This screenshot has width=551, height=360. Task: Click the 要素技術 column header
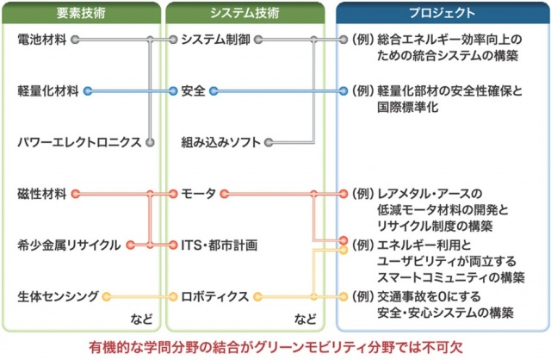(x=81, y=13)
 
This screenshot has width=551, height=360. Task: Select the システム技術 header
(x=245, y=13)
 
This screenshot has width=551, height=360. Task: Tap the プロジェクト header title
(x=442, y=13)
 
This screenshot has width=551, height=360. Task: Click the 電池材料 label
(x=42, y=40)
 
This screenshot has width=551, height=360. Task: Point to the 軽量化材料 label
(x=48, y=91)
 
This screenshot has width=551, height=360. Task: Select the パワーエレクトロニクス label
(x=79, y=142)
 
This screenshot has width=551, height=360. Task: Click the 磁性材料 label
(x=42, y=194)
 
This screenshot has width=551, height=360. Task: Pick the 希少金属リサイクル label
(x=69, y=245)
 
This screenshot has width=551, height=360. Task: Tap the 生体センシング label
(x=58, y=296)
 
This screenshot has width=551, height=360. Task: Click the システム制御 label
(x=216, y=40)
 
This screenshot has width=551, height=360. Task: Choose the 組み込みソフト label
(x=220, y=142)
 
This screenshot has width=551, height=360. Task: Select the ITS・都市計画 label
(x=220, y=245)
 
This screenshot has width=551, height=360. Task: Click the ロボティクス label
(x=215, y=296)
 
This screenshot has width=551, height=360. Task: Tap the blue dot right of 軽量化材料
(x=88, y=91)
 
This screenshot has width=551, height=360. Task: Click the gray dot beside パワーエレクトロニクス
(x=150, y=142)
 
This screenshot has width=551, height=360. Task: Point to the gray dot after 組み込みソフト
(x=269, y=142)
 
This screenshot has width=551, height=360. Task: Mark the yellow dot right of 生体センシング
(x=107, y=297)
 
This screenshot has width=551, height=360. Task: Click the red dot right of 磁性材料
(x=75, y=194)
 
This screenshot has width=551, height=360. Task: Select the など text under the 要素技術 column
(x=142, y=320)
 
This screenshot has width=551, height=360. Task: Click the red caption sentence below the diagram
(x=275, y=347)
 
